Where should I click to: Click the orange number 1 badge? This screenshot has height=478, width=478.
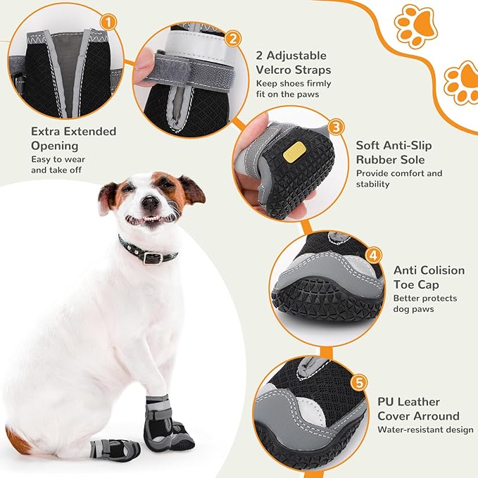click(108, 23)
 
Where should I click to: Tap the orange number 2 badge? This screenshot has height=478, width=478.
click(234, 39)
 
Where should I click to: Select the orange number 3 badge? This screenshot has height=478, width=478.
click(337, 127)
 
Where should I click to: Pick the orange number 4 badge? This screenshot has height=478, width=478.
click(374, 256)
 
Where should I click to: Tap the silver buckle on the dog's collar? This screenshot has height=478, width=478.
click(149, 257)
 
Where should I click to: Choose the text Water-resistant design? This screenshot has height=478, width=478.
click(425, 429)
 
